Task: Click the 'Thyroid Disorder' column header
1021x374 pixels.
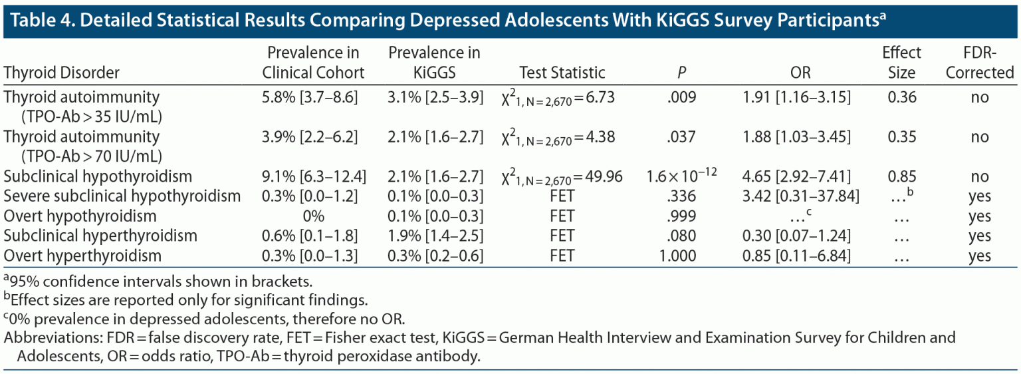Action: coord(62,72)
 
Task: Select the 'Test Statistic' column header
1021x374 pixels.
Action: coord(562,72)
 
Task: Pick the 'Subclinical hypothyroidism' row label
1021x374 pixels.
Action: coord(98,177)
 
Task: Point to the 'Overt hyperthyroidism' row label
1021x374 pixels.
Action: coord(83,256)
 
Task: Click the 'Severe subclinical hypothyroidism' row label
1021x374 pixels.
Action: coord(122,196)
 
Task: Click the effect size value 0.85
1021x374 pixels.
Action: coord(902,177)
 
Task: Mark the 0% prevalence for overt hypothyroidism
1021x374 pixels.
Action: coord(313,216)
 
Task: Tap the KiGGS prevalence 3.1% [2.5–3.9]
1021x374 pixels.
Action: coord(434,97)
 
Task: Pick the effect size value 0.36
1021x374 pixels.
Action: coord(902,97)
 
